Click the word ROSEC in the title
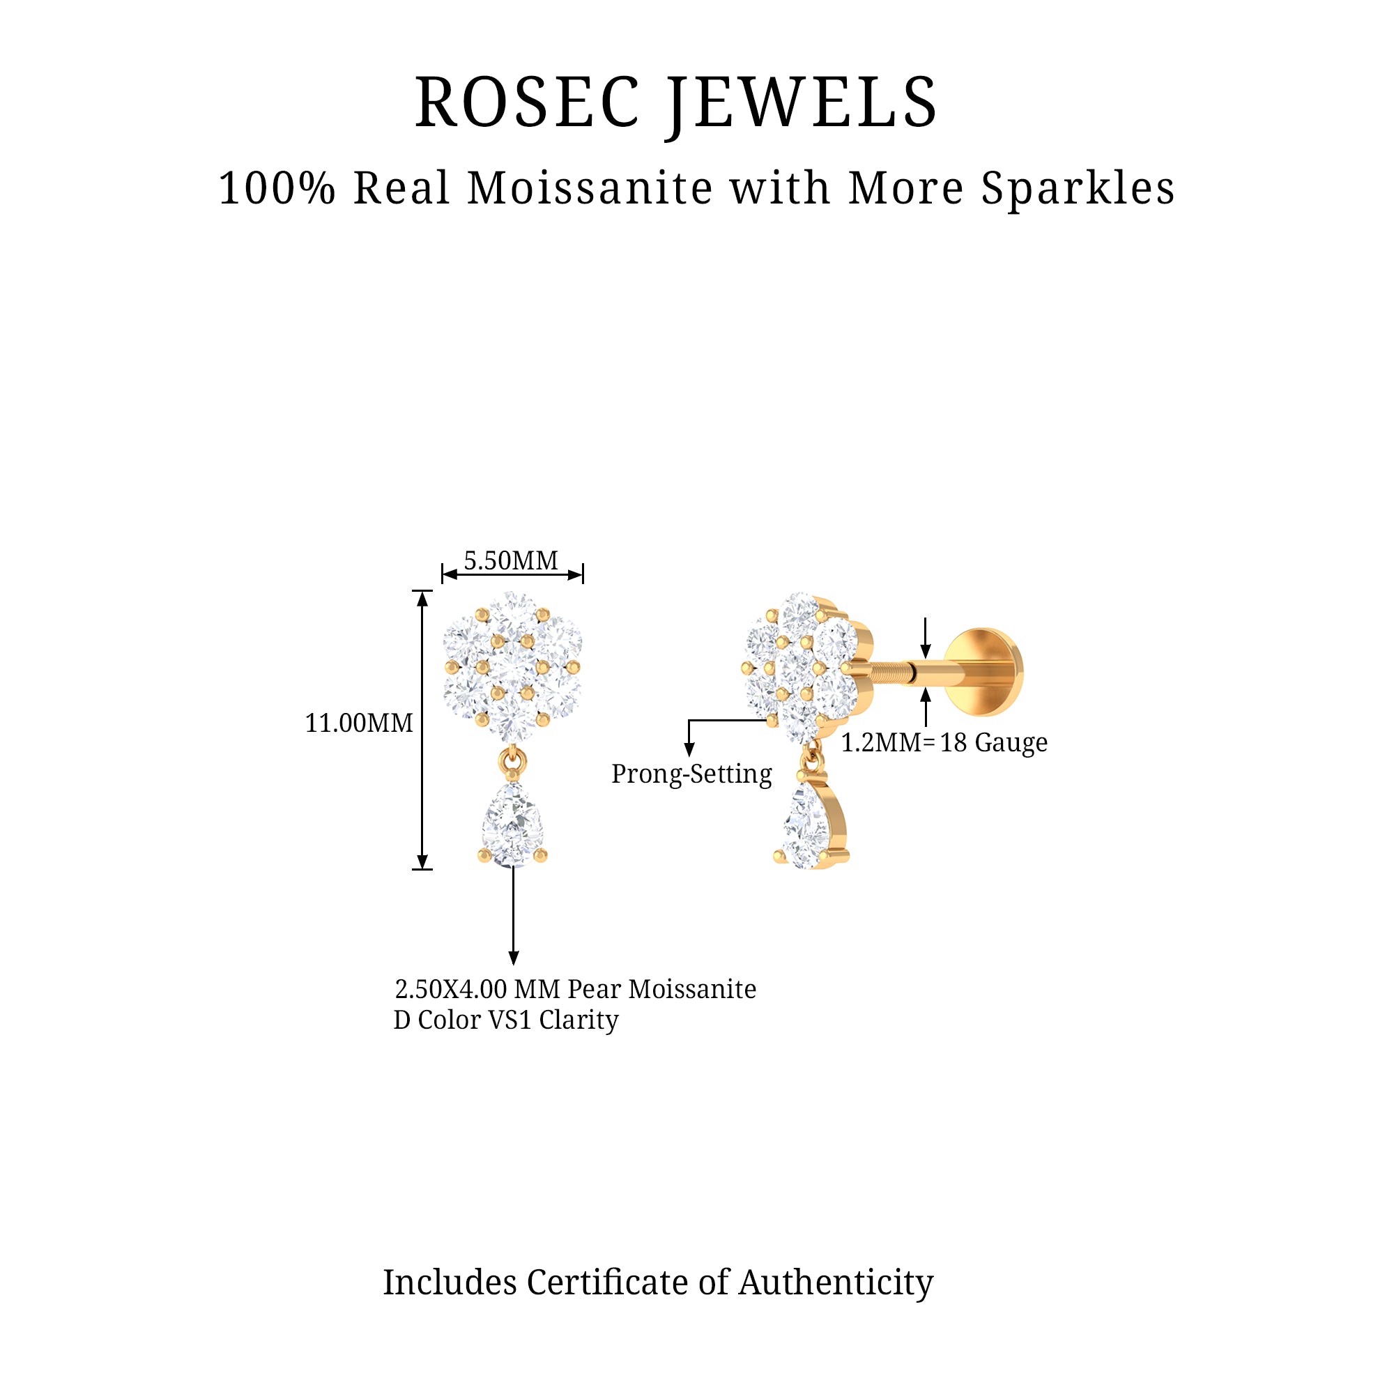tap(527, 103)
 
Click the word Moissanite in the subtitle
tap(591, 188)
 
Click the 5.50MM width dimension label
tap(511, 560)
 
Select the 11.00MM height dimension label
tap(358, 723)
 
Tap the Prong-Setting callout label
tap(691, 774)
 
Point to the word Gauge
tap(1011, 743)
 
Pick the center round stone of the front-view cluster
tap(512, 668)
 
